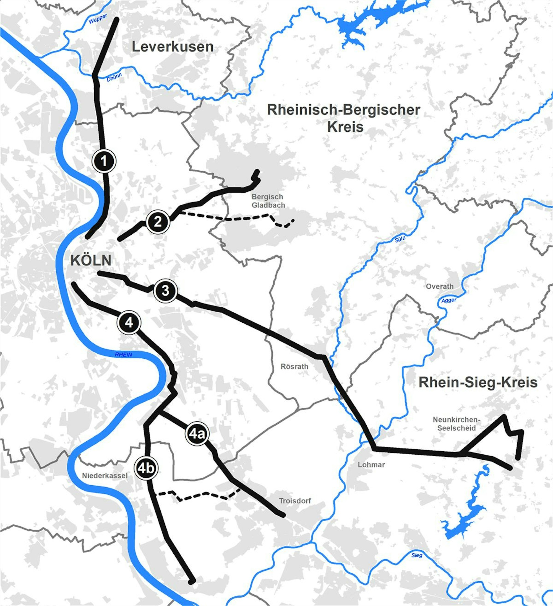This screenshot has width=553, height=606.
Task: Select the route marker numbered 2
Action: click(158, 222)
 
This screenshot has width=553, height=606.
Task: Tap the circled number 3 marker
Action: click(165, 291)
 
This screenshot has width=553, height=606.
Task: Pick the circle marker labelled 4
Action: click(129, 323)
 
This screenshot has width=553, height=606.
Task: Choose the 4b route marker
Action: click(146, 468)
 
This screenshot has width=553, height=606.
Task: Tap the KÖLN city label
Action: click(91, 260)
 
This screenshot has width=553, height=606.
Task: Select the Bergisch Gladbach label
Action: click(268, 201)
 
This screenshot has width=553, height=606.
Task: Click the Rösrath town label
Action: click(294, 366)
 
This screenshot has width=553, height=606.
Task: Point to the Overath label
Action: click(439, 286)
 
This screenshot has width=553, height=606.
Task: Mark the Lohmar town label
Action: click(371, 464)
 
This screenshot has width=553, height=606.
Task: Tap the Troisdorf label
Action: click(295, 501)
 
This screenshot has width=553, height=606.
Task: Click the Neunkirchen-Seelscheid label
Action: click(457, 424)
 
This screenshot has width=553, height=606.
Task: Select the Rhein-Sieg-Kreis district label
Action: click(478, 383)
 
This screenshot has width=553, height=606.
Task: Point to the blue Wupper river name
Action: click(98, 19)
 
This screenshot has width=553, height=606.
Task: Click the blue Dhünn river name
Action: click(114, 77)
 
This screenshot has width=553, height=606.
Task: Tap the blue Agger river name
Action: click(449, 300)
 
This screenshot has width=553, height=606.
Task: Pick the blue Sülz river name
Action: click(400, 239)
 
